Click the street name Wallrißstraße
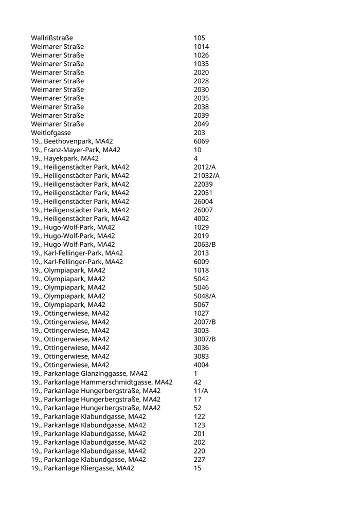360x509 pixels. (x=52, y=38)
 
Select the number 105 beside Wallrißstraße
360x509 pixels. (x=200, y=38)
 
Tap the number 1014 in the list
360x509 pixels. (x=202, y=47)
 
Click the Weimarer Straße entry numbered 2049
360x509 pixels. (x=57, y=124)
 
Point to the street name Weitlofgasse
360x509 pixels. (x=51, y=133)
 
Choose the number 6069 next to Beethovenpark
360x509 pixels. (x=202, y=141)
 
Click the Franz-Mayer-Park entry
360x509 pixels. (x=76, y=150)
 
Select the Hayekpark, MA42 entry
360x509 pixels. (x=65, y=158)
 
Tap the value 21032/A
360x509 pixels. (x=207, y=176)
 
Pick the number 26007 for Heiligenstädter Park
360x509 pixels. (x=203, y=210)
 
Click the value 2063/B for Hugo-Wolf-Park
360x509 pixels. (x=205, y=245)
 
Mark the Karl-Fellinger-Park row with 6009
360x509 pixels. (x=77, y=262)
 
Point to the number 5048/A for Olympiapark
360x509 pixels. (x=205, y=296)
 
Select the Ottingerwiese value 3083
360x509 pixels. (x=202, y=356)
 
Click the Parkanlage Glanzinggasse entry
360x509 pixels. (x=89, y=374)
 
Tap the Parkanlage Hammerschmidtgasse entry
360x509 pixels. (x=101, y=382)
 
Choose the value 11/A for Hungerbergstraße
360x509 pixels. (x=201, y=391)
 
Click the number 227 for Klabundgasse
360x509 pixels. (x=200, y=460)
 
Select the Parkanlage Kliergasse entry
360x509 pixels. (x=82, y=468)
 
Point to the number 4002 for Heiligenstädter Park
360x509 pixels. (x=202, y=219)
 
